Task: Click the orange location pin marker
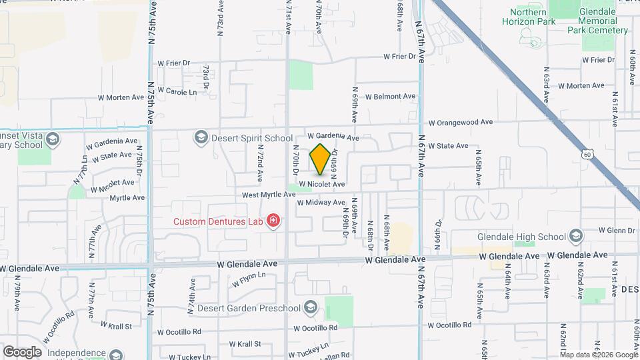(320, 159)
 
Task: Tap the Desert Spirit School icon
(199, 137)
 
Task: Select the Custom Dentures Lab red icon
(272, 221)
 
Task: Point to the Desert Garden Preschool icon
(309, 307)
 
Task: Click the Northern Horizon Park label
(532, 17)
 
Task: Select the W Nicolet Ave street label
(321, 184)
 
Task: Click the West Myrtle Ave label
(268, 195)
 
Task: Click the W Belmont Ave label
(390, 96)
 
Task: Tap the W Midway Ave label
(321, 202)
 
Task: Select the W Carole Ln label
(177, 92)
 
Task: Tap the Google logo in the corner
(22, 351)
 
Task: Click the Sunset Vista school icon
(53, 139)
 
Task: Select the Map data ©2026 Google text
(599, 355)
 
